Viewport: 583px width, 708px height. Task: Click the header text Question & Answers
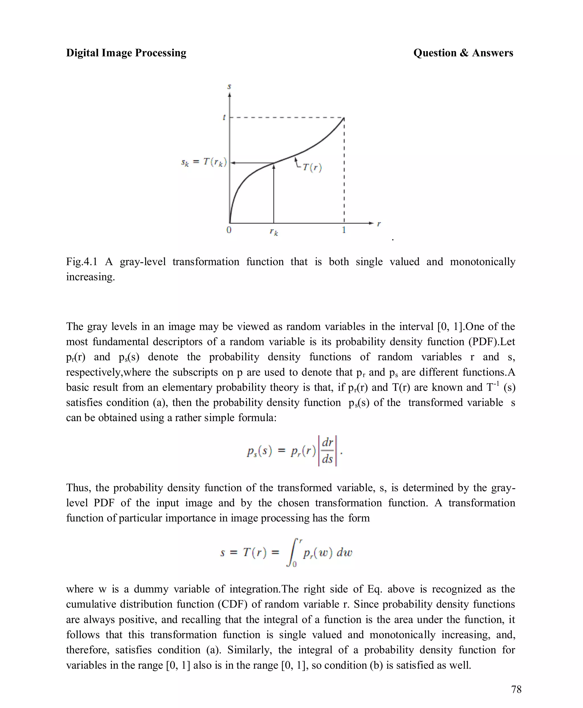pyautogui.click(x=463, y=53)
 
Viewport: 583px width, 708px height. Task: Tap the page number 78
pyautogui.click(x=516, y=689)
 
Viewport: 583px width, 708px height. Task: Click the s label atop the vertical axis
pyautogui.click(x=229, y=87)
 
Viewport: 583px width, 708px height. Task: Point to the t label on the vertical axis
pyautogui.click(x=224, y=118)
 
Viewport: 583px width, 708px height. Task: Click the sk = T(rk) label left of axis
pyautogui.click(x=204, y=162)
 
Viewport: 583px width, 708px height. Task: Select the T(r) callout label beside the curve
pyautogui.click(x=312, y=167)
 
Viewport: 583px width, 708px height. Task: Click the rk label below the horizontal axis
pyautogui.click(x=274, y=232)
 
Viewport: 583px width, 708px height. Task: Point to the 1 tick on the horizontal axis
pyautogui.click(x=344, y=230)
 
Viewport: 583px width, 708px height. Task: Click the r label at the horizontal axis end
pyautogui.click(x=379, y=224)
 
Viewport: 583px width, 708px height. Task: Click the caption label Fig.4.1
pyautogui.click(x=82, y=262)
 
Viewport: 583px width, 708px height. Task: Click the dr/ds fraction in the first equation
pyautogui.click(x=327, y=451)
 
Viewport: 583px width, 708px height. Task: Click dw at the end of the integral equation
pyautogui.click(x=344, y=553)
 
